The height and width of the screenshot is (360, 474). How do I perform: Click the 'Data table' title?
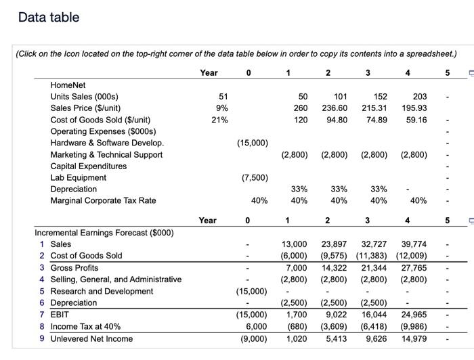49,18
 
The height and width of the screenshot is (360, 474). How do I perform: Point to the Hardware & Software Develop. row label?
107,143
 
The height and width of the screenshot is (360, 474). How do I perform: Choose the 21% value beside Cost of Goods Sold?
219,120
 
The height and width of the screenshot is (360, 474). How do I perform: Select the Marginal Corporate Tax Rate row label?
103,200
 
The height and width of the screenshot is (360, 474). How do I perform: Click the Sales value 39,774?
413,244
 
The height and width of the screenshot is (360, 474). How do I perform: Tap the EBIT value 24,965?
413,315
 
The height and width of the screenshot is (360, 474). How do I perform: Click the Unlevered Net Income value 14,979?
413,338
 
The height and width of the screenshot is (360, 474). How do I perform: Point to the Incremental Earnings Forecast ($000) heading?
104,233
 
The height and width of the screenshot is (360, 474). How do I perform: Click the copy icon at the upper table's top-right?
465,73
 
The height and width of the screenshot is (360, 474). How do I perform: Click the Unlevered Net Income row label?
91,338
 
